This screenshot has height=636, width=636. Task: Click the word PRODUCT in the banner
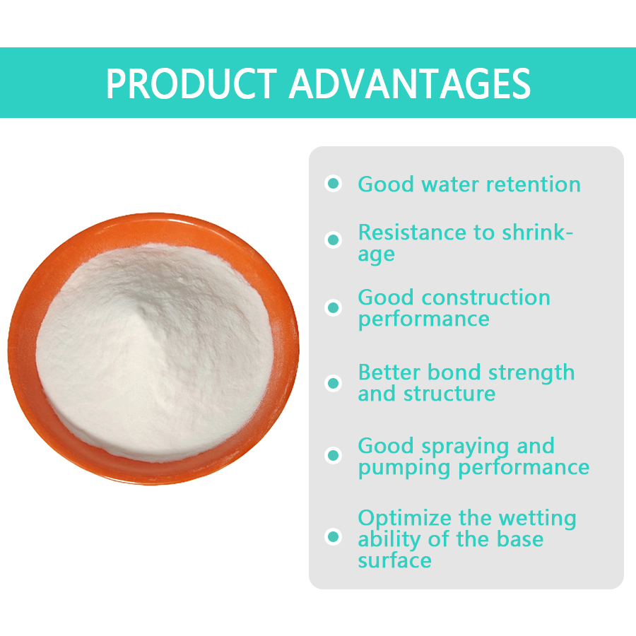pyautogui.click(x=193, y=84)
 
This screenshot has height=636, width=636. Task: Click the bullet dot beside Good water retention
pyautogui.click(x=333, y=184)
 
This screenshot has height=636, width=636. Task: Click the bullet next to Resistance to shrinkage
pyautogui.click(x=333, y=240)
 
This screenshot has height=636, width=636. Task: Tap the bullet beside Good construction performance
pyautogui.click(x=333, y=307)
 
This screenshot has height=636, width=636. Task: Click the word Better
pyautogui.click(x=390, y=372)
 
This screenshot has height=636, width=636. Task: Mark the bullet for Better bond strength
pyautogui.click(x=333, y=383)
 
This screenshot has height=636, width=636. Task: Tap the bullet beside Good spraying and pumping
pyautogui.click(x=333, y=455)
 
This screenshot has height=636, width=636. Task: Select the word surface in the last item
pyautogui.click(x=394, y=560)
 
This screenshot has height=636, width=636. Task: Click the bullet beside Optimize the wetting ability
pyautogui.click(x=333, y=537)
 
